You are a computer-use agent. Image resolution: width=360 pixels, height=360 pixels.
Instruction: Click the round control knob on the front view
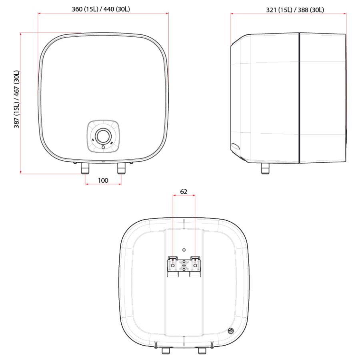click(103, 136)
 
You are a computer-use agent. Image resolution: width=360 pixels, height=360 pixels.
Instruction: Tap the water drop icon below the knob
click(103, 147)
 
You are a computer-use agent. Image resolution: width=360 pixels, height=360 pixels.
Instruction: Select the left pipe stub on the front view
click(85, 169)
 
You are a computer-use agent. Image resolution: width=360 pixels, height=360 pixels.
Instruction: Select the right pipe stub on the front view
click(121, 169)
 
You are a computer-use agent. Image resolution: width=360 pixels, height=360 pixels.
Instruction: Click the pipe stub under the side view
click(265, 169)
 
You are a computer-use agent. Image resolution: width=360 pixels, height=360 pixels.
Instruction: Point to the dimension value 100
click(103, 180)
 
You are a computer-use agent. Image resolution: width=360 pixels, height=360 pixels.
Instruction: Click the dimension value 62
click(184, 192)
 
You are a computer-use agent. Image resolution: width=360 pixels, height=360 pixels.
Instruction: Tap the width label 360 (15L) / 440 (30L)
click(103, 9)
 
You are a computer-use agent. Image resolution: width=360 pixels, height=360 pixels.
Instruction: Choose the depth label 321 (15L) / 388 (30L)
click(289, 10)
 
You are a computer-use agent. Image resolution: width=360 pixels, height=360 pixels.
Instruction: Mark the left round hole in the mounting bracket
click(172, 265)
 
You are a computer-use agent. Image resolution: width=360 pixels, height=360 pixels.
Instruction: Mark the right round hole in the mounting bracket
click(195, 265)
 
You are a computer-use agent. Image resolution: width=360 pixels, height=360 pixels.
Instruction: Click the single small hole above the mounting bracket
click(184, 250)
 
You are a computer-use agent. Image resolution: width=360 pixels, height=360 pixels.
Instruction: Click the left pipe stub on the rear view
click(165, 351)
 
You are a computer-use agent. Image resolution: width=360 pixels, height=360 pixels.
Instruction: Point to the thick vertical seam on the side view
click(299, 98)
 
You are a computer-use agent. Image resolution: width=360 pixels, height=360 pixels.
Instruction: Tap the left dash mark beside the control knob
click(93, 140)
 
